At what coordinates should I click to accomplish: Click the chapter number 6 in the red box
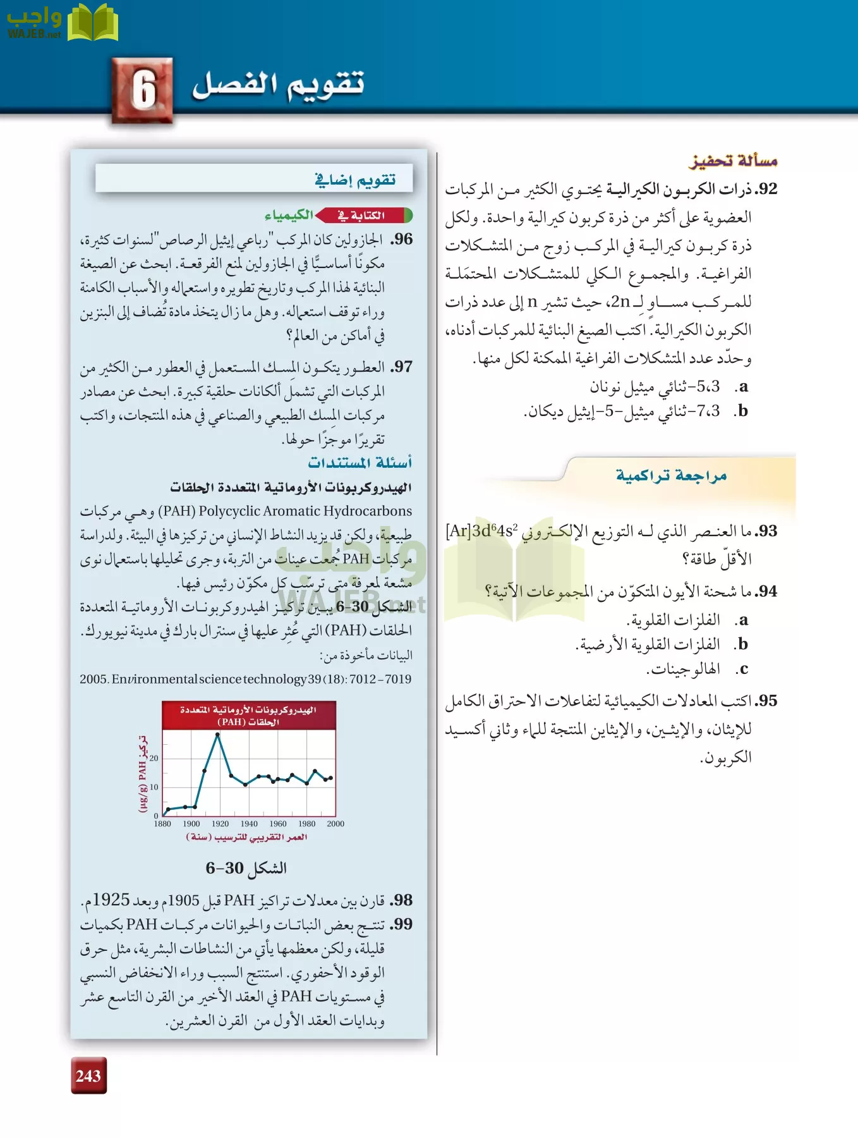[143, 89]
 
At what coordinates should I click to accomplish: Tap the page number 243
[88, 1075]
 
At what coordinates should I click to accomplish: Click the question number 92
[767, 189]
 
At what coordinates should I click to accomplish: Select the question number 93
[767, 531]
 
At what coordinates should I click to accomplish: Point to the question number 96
[402, 239]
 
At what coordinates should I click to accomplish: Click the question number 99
[402, 924]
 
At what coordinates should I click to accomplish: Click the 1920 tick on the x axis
[220, 824]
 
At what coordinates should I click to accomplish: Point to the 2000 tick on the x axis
[335, 824]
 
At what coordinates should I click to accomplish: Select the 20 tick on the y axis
[154, 758]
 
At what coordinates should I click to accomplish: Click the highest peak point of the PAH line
[218, 734]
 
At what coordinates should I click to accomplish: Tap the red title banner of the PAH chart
[248, 715]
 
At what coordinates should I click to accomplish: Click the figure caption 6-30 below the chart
[246, 868]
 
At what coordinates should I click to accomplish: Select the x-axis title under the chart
[247, 837]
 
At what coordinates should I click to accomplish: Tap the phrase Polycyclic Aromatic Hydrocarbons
[305, 511]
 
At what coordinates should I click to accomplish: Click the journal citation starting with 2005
[245, 679]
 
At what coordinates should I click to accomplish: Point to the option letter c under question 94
[743, 669]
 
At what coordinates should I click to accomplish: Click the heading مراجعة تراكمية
[671, 475]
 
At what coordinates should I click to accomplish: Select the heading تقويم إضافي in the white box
[355, 180]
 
